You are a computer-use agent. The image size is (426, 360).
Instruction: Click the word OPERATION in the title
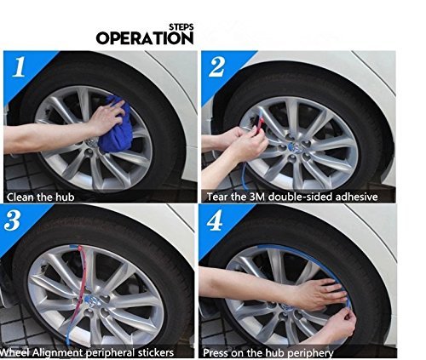tap(145, 38)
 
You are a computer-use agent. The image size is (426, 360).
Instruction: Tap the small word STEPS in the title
tap(181, 27)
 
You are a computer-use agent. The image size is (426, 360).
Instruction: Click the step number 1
tap(19, 67)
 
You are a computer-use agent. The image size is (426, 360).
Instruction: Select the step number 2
tap(217, 67)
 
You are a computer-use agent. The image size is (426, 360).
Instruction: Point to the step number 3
tap(12, 220)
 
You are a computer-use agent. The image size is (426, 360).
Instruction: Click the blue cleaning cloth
tap(116, 124)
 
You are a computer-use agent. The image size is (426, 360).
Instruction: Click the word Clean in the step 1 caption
tap(18, 197)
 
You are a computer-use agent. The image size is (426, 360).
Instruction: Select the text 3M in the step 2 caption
tap(257, 197)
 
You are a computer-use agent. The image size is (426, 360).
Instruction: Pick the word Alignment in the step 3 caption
tap(57, 353)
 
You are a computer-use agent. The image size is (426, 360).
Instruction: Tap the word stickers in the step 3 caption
tap(156, 352)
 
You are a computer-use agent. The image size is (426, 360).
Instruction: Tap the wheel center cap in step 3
tap(93, 300)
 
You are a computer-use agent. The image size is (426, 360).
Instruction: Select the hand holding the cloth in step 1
tap(106, 117)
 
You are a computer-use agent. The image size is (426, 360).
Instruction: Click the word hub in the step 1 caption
tap(66, 197)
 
